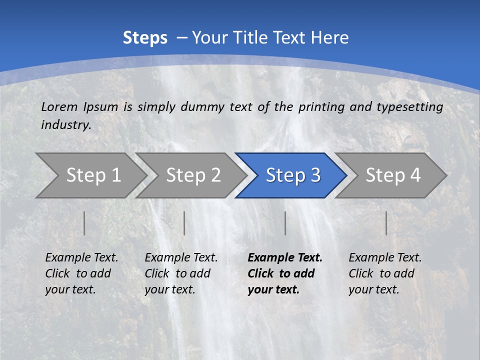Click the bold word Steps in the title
(x=145, y=38)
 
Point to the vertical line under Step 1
(x=84, y=223)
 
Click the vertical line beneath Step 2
(x=184, y=223)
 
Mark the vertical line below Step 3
(x=285, y=223)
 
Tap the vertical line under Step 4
(x=386, y=223)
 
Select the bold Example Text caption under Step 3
(x=285, y=273)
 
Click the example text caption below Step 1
(x=81, y=273)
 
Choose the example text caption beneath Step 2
(x=181, y=273)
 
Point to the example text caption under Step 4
(x=385, y=273)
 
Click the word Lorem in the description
(x=59, y=106)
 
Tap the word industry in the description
(x=66, y=124)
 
